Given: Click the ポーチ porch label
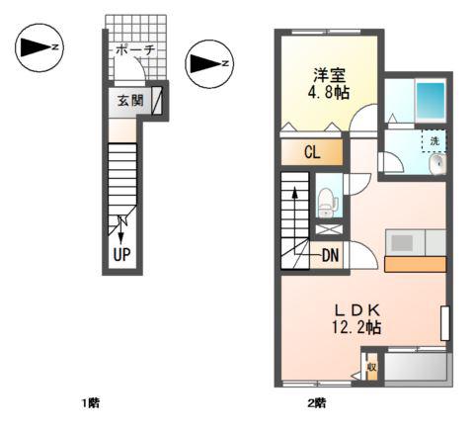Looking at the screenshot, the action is [x=135, y=50].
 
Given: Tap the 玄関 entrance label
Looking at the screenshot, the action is [x=130, y=101].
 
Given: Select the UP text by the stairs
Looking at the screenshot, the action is [x=121, y=254].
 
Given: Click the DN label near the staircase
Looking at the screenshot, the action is [x=330, y=255].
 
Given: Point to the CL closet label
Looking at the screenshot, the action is [x=312, y=152].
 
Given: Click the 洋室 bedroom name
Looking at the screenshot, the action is [x=329, y=75].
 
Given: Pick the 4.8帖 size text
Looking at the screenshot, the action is [x=329, y=93].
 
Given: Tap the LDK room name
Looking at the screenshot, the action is [x=357, y=309].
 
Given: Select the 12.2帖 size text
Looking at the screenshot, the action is [x=356, y=327].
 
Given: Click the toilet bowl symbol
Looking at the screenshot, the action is [x=327, y=203].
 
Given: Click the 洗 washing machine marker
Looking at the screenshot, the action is [x=434, y=141].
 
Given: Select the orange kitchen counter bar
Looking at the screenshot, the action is [x=416, y=264].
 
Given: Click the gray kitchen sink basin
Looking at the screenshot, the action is [x=402, y=243].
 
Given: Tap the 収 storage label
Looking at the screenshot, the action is [x=372, y=367].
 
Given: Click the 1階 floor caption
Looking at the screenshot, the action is [x=91, y=402].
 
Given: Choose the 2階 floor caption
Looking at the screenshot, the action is [x=317, y=402].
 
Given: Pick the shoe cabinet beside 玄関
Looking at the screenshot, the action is [x=157, y=101].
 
